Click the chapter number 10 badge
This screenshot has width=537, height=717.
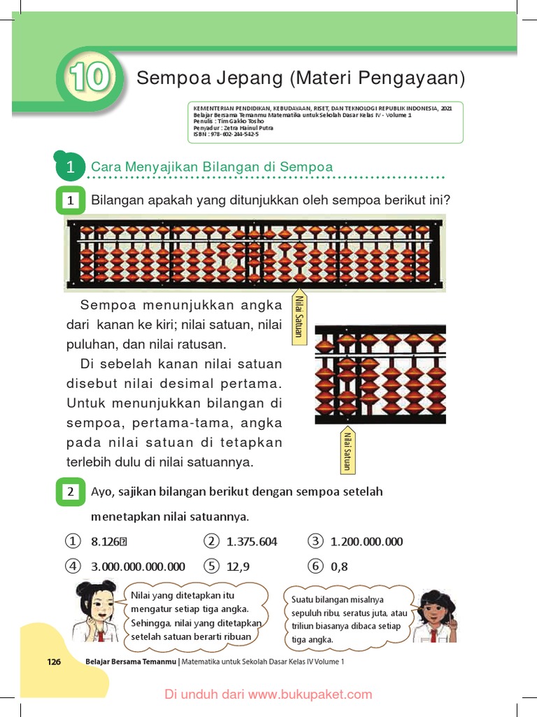[89, 77]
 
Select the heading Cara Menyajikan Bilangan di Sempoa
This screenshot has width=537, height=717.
[212, 167]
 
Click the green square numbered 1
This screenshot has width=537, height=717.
[71, 201]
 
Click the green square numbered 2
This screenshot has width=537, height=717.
[71, 492]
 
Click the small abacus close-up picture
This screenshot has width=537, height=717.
[380, 374]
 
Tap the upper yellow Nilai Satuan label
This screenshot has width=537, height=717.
[299, 316]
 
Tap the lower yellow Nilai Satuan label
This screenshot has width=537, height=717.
[347, 450]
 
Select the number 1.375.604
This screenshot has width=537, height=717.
[252, 541]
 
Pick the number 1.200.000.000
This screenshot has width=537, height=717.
[366, 541]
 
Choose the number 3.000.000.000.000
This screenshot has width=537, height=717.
[138, 566]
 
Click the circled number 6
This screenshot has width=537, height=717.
[316, 566]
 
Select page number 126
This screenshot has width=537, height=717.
[55, 661]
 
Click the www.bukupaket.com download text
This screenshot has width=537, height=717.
[268, 695]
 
